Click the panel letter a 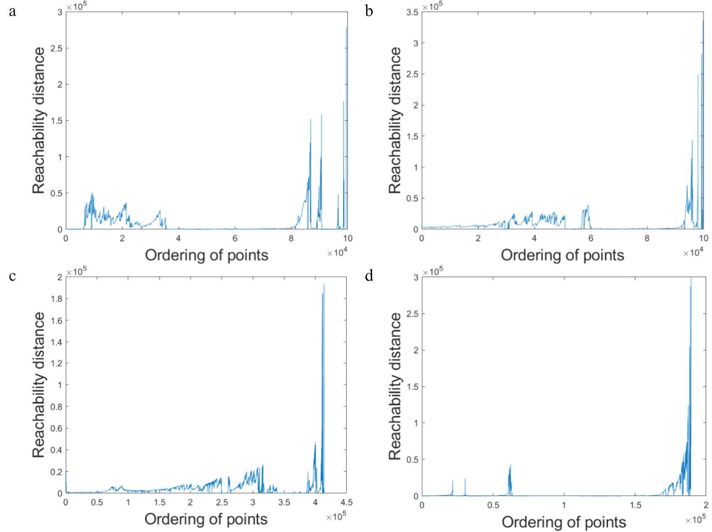[12, 11]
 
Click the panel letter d [369, 276]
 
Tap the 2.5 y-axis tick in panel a [56, 49]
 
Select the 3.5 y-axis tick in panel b [412, 12]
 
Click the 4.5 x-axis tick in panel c [346, 503]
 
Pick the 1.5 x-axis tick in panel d [636, 505]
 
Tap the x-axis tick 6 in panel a [235, 238]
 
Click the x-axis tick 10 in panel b [703, 238]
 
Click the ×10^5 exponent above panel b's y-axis [433, 7]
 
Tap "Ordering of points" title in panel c [206, 519]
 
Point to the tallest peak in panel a [346, 28]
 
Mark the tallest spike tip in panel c [324, 285]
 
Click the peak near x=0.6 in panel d [510, 466]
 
